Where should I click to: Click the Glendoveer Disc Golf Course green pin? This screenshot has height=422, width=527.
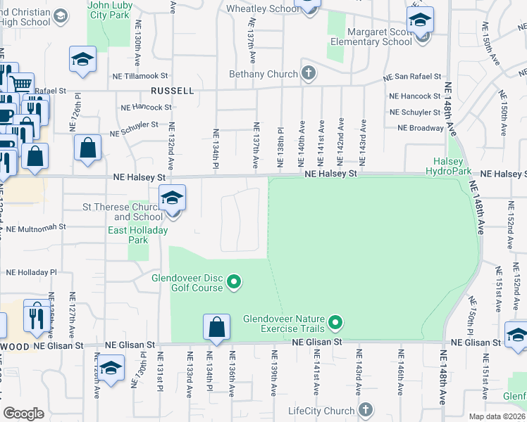pos(235,283)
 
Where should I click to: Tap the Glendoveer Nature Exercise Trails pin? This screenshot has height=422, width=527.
pos(335,324)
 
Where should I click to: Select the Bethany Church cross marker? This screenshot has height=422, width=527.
pos(308,73)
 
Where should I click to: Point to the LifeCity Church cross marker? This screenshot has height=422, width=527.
pos(365,410)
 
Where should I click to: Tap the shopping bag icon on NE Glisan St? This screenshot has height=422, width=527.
pos(216,328)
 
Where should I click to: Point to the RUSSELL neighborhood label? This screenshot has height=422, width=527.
pos(172,91)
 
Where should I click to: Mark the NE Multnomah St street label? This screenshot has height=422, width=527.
pos(32,227)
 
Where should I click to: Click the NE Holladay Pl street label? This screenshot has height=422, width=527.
pos(31,271)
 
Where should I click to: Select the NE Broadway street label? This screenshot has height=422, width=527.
pos(421,128)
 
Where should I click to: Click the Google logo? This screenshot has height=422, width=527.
pos(23,414)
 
